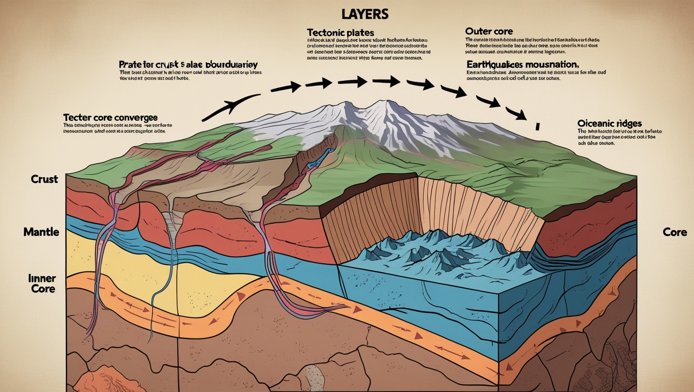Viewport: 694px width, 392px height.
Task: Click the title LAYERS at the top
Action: (365, 14)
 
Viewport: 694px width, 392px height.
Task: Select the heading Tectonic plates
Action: (340, 33)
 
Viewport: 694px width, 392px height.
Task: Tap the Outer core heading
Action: (488, 31)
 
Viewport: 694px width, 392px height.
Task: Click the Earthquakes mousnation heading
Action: (522, 64)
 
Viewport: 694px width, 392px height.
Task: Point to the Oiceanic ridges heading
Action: (609, 123)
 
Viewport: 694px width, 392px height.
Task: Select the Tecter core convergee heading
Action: (110, 117)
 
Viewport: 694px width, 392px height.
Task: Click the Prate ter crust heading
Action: (188, 64)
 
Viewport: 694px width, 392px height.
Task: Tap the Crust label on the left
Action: (44, 179)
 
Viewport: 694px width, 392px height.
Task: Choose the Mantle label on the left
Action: (41, 232)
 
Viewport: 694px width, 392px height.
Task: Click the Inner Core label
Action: (43, 283)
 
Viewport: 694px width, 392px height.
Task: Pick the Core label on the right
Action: (675, 232)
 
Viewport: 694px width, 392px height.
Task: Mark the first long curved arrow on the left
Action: (231, 106)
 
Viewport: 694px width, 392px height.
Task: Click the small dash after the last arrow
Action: (537, 126)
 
